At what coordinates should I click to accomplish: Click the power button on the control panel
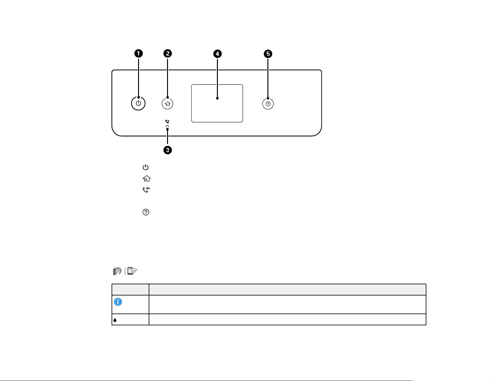pyautogui.click(x=138, y=103)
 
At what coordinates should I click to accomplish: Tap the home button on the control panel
pyautogui.click(x=168, y=104)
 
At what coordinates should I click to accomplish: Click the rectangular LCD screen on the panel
pyautogui.click(x=217, y=103)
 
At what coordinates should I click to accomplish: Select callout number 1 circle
pyautogui.click(x=138, y=54)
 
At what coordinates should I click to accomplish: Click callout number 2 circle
pyautogui.click(x=168, y=53)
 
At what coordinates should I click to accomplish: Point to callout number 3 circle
pyautogui.click(x=168, y=150)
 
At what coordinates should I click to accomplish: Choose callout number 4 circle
pyautogui.click(x=218, y=54)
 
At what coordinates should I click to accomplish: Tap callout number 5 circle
pyautogui.click(x=268, y=54)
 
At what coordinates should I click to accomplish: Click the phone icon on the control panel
pyautogui.click(x=168, y=122)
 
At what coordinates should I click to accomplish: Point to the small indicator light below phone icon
pyautogui.click(x=167, y=126)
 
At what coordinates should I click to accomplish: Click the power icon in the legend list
pyautogui.click(x=146, y=167)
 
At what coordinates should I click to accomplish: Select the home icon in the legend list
pyautogui.click(x=146, y=179)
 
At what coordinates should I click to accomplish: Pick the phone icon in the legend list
pyautogui.click(x=146, y=190)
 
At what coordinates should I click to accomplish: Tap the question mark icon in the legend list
pyautogui.click(x=146, y=212)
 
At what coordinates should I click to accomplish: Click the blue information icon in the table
pyautogui.click(x=118, y=302)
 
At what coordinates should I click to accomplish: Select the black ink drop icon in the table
pyautogui.click(x=115, y=320)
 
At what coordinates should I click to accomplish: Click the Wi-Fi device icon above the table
pyautogui.click(x=132, y=271)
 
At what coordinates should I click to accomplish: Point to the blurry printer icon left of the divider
pyautogui.click(x=117, y=271)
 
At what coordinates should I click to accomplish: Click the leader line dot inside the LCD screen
pyautogui.click(x=217, y=98)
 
